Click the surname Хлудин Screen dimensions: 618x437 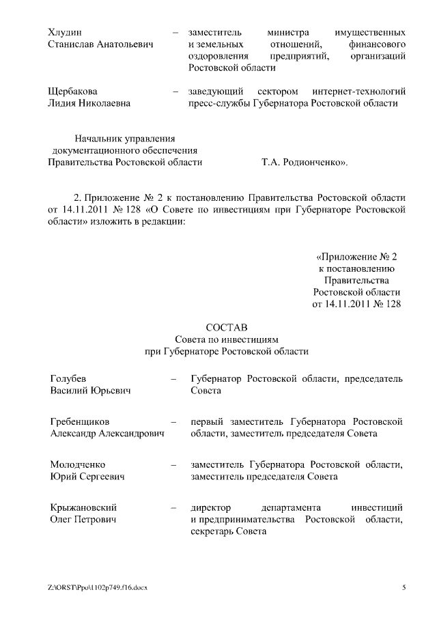point(65,32)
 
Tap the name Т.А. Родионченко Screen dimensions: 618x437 point(305,163)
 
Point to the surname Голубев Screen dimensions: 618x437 point(68,378)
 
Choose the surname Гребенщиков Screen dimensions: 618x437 point(80,421)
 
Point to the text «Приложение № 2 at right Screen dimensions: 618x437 point(356,257)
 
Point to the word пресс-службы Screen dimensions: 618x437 point(219,103)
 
